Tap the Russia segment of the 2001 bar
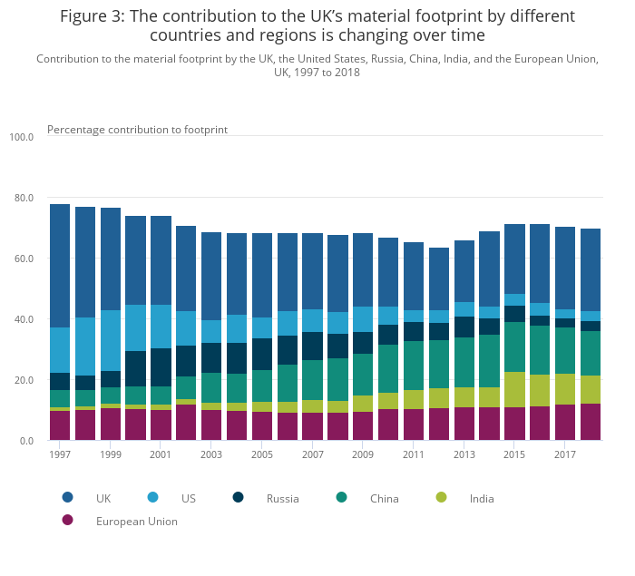tap(161, 367)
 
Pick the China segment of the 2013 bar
tap(464, 362)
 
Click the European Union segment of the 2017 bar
tap(565, 422)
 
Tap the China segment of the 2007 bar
tap(313, 380)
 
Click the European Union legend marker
tap(67, 521)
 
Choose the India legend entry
tap(482, 498)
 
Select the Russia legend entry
tap(282, 498)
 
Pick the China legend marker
tap(341, 497)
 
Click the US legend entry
tap(188, 498)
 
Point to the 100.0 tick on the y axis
tap(21, 137)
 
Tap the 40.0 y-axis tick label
tap(21, 319)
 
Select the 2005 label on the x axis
tap(262, 454)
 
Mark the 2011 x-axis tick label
tap(414, 454)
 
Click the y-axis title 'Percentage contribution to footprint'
tap(137, 129)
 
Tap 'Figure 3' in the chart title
tap(91, 16)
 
